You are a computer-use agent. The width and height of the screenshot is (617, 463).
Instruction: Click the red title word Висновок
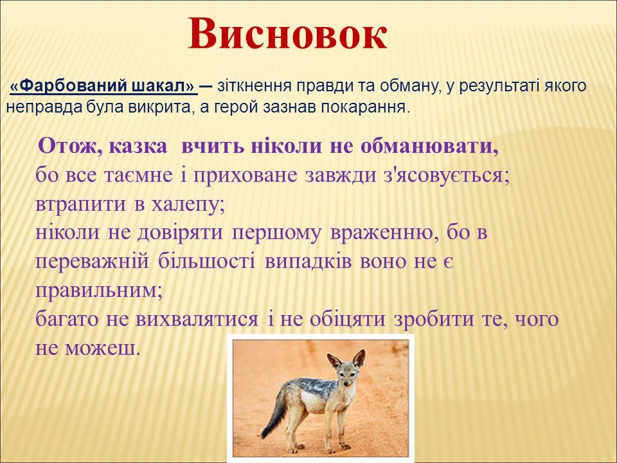(288, 35)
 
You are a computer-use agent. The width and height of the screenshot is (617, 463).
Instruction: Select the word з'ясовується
(446, 175)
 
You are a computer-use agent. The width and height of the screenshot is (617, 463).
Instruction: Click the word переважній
(92, 262)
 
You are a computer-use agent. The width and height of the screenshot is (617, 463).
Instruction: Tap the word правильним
(99, 291)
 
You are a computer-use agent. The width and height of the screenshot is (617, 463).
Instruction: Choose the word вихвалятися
(197, 320)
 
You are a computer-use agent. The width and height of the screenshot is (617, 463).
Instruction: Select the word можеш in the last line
(102, 348)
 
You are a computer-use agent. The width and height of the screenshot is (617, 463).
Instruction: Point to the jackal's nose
(346, 382)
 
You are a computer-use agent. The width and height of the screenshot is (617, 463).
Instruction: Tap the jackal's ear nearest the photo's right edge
(359, 359)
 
